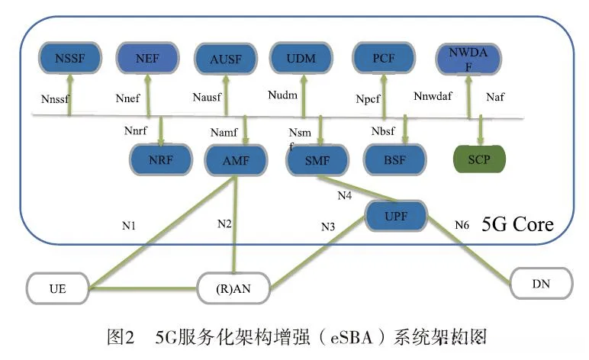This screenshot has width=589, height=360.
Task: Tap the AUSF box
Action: tap(225, 57)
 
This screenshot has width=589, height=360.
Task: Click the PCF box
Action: tap(384, 57)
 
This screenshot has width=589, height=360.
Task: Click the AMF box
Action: tap(237, 160)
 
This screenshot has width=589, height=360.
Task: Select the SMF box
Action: tap(317, 160)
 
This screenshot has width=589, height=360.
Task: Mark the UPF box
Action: tap(397, 216)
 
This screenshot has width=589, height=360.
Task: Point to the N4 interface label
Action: tap(345, 196)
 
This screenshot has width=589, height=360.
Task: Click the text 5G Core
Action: tap(517, 226)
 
